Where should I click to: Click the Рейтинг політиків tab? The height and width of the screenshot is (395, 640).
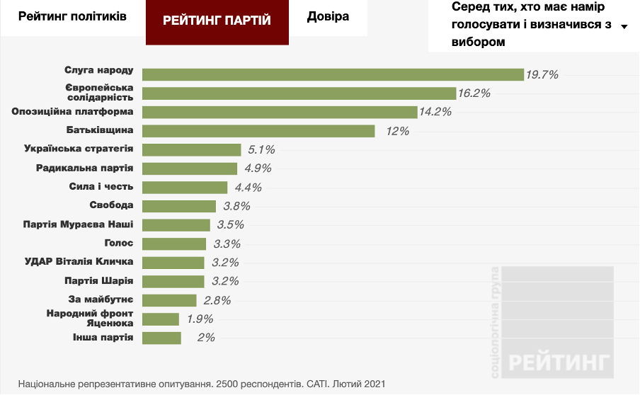click(x=72, y=16)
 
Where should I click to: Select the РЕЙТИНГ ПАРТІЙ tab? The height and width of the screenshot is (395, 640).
click(x=217, y=21)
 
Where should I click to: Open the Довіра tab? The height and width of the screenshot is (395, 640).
click(x=328, y=16)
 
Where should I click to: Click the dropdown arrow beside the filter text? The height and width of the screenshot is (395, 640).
click(x=624, y=27)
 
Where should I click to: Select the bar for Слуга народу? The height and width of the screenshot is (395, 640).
click(x=332, y=74)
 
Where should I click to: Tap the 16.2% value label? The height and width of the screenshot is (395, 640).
click(x=474, y=93)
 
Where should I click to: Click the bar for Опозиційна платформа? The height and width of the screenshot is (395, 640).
click(x=280, y=112)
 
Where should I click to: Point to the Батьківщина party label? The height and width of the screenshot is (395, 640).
click(x=98, y=130)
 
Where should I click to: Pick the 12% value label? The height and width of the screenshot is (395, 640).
click(x=398, y=131)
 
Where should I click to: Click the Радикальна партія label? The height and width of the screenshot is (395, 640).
click(x=84, y=168)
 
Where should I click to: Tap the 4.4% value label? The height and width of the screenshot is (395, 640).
click(x=248, y=188)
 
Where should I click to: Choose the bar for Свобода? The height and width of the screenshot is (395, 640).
click(x=179, y=206)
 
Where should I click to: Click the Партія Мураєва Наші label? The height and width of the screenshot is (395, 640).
click(x=79, y=224)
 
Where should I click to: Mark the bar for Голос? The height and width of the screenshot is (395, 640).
click(x=175, y=244)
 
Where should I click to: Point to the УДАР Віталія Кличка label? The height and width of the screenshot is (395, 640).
click(x=79, y=262)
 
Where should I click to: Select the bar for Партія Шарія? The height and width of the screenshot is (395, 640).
click(x=173, y=281)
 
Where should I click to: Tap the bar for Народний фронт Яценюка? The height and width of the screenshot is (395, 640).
click(x=161, y=319)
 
